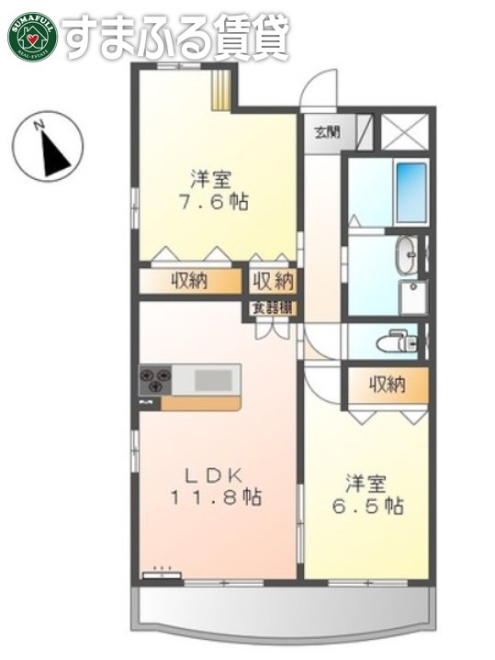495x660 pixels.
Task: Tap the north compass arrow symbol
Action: tap(51, 147)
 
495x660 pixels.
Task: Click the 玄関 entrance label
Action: tap(328, 131)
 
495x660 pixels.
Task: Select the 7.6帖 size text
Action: tap(218, 204)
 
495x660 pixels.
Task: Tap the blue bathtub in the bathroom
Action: tap(411, 193)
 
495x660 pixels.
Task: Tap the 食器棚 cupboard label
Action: tap(271, 308)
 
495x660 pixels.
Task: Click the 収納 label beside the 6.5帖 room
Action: tap(387, 385)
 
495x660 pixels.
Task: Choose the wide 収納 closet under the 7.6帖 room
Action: tap(189, 281)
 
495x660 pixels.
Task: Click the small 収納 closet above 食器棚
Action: tap(273, 281)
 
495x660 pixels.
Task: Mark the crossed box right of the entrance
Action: tap(404, 131)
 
